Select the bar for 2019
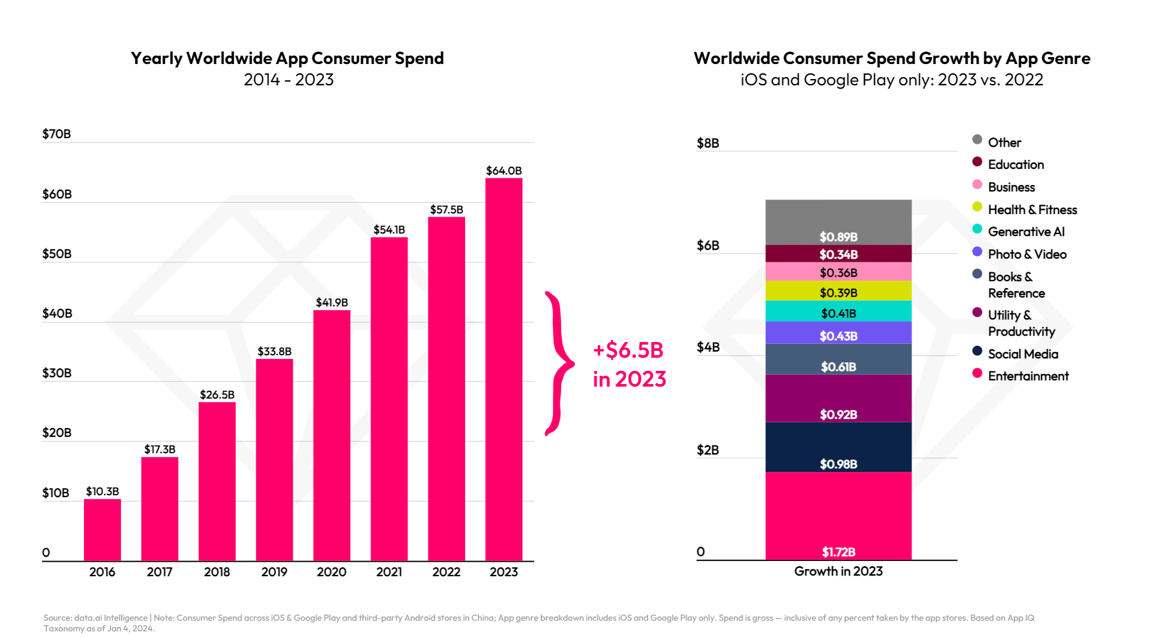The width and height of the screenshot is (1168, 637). pyautogui.click(x=274, y=459)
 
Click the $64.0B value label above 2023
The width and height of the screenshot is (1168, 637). pyautogui.click(x=503, y=171)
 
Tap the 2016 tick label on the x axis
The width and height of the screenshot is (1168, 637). pyautogui.click(x=102, y=572)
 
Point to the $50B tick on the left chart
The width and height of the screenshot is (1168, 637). pyautogui.click(x=56, y=254)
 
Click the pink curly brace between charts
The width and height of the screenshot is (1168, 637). pyautogui.click(x=558, y=363)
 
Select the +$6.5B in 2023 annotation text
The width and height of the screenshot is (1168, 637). pyautogui.click(x=629, y=364)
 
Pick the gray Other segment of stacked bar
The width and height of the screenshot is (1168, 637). pyautogui.click(x=838, y=220)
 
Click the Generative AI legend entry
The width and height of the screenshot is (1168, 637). pyautogui.click(x=1026, y=232)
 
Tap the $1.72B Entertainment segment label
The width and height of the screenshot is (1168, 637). pyautogui.click(x=838, y=552)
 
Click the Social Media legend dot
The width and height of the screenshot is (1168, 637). pyautogui.click(x=977, y=351)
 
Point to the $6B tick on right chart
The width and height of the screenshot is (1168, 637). pyautogui.click(x=708, y=245)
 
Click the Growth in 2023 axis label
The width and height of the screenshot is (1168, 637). pyautogui.click(x=838, y=571)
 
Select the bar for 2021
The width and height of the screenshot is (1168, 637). pyautogui.click(x=389, y=399)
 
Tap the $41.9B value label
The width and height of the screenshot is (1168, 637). pyautogui.click(x=332, y=302)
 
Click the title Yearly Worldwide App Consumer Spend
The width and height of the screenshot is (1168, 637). pyautogui.click(x=287, y=58)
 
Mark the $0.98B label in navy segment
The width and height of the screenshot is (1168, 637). pyautogui.click(x=838, y=464)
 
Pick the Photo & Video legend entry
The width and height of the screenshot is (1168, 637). pyautogui.click(x=1027, y=254)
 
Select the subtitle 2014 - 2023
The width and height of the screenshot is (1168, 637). pyautogui.click(x=288, y=80)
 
